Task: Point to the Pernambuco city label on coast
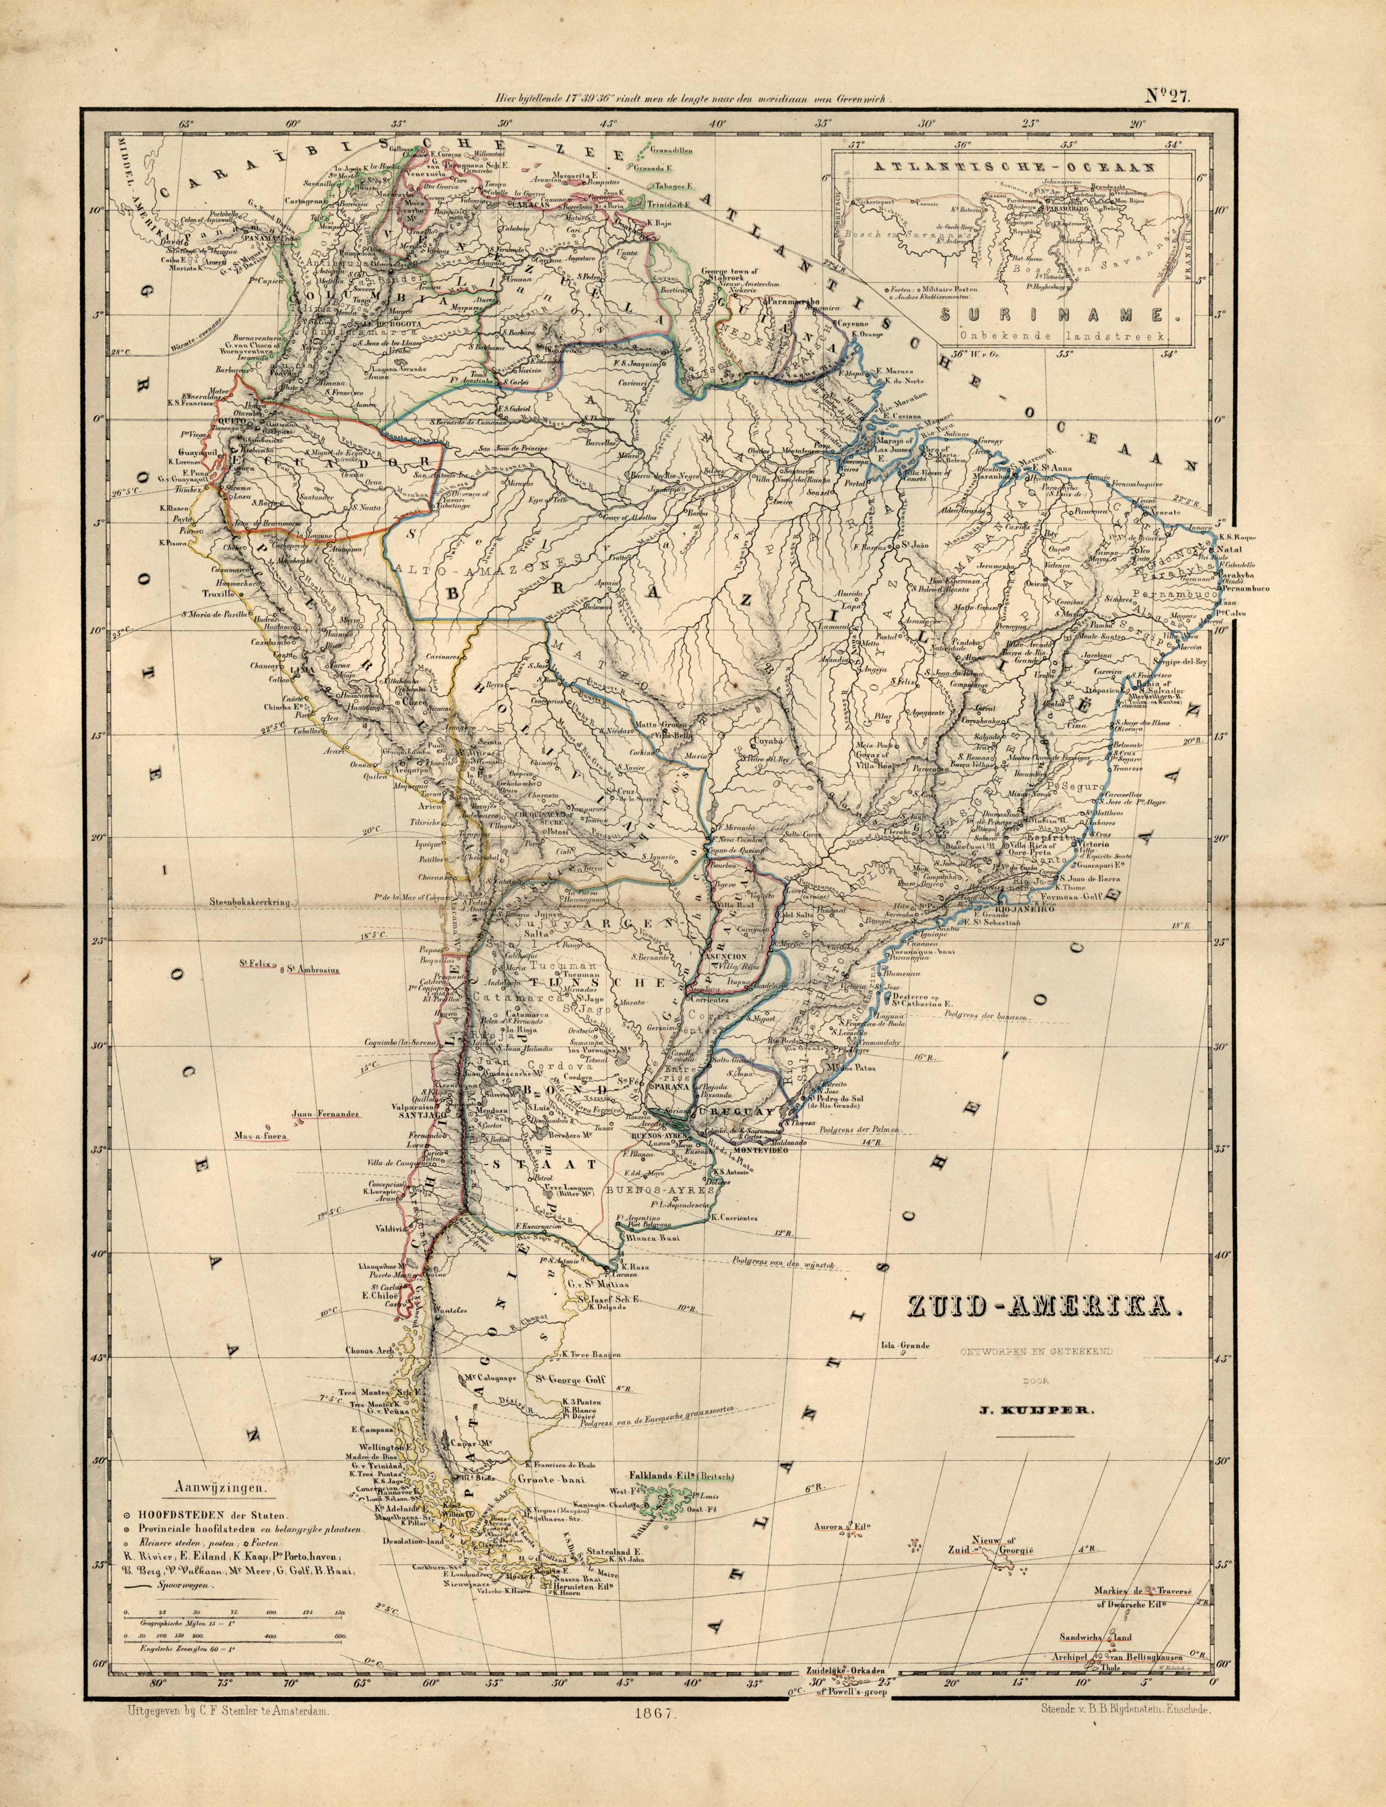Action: pyautogui.click(x=1244, y=590)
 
